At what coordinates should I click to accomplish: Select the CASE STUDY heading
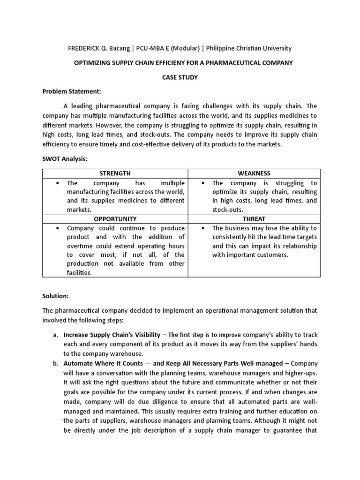(180, 77)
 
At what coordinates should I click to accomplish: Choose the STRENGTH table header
(115, 173)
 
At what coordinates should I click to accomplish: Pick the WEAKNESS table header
(254, 173)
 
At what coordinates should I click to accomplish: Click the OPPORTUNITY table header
(115, 218)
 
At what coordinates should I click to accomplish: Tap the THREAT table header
(254, 218)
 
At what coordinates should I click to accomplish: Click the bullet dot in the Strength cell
(57, 183)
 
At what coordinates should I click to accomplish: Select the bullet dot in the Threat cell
(202, 228)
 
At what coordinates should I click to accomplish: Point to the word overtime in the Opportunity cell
(80, 246)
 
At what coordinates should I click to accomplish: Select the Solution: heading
(55, 296)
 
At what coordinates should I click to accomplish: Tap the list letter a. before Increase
(56, 335)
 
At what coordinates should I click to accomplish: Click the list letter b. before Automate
(56, 363)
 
